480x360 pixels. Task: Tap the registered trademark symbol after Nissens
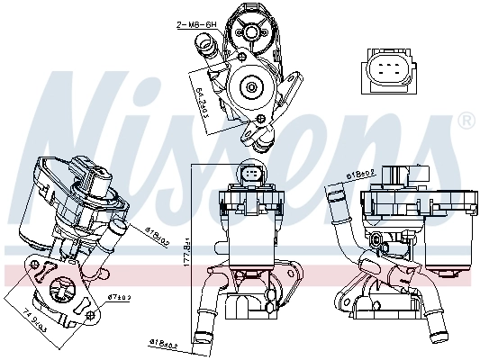click(466, 121)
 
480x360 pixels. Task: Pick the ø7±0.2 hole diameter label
click(119, 296)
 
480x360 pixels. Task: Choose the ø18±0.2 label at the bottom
click(165, 344)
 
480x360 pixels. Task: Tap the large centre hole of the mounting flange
click(66, 292)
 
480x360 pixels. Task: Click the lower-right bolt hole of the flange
click(90, 312)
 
